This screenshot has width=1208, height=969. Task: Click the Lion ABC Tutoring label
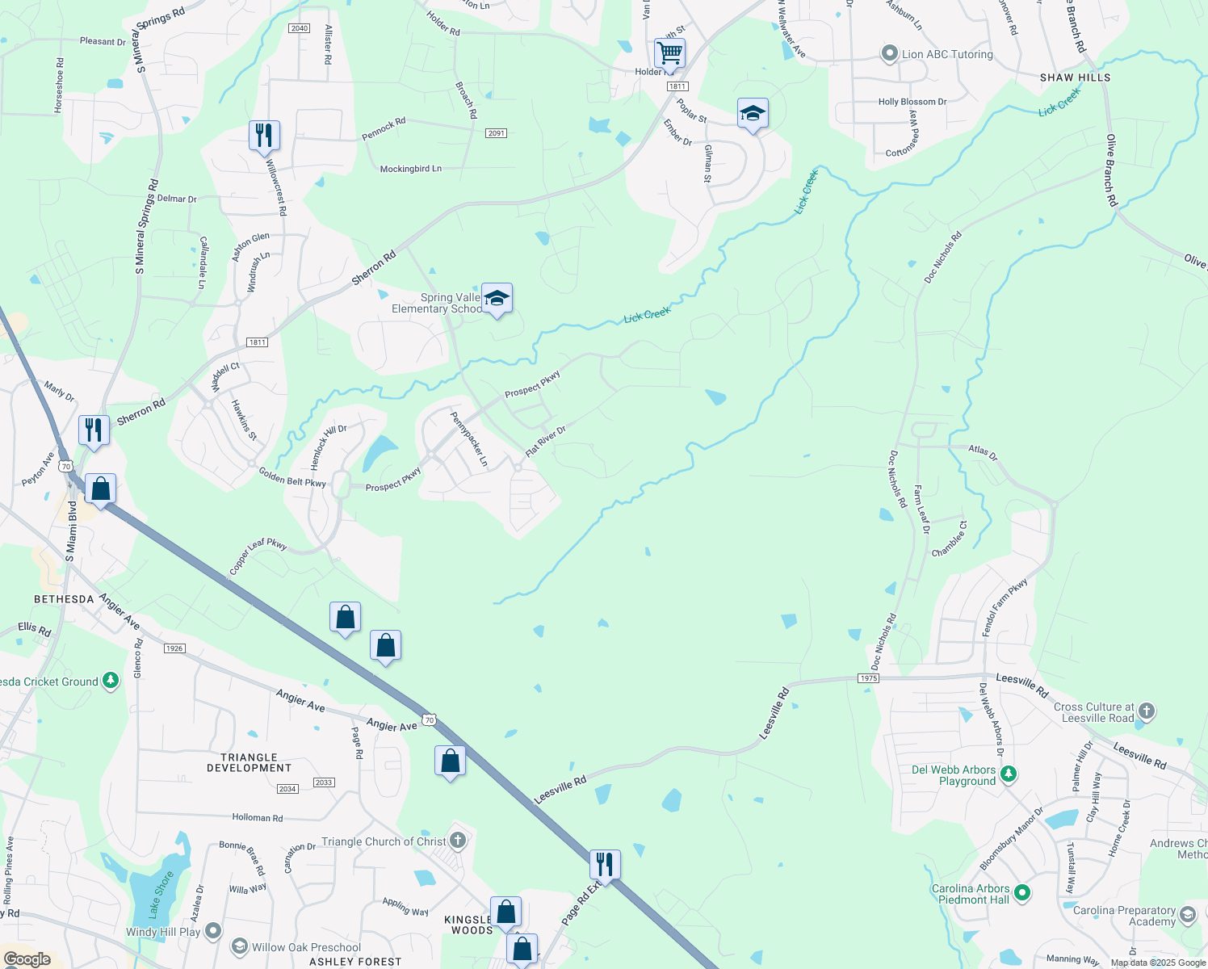[x=947, y=54]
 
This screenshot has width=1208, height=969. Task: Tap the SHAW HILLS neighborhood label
[x=1075, y=78]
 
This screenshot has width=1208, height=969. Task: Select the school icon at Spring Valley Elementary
[x=497, y=298]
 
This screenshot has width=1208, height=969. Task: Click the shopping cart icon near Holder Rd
[x=669, y=53]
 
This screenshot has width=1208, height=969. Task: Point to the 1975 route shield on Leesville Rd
[x=868, y=678]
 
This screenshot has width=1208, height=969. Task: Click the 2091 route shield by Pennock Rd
[x=496, y=133]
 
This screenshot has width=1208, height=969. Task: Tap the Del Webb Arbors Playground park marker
[x=1008, y=774]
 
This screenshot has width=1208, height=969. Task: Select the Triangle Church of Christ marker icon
[x=458, y=841]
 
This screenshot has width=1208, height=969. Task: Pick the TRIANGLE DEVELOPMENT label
[x=249, y=762]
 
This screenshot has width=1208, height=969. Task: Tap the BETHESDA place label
[x=64, y=599]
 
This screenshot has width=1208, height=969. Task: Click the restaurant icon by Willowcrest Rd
[x=264, y=135]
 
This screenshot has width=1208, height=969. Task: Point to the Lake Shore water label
[x=161, y=895]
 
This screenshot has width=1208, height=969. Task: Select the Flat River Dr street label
[x=546, y=442]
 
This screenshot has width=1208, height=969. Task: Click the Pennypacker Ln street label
[x=469, y=439]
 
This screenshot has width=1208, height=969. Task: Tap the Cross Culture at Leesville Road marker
[x=1146, y=711]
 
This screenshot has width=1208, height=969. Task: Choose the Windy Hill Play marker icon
[x=213, y=931]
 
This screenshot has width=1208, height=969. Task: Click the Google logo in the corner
[x=27, y=959]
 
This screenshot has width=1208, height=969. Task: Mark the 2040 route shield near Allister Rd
[x=299, y=28]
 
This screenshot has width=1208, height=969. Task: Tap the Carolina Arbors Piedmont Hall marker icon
[x=1022, y=893]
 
